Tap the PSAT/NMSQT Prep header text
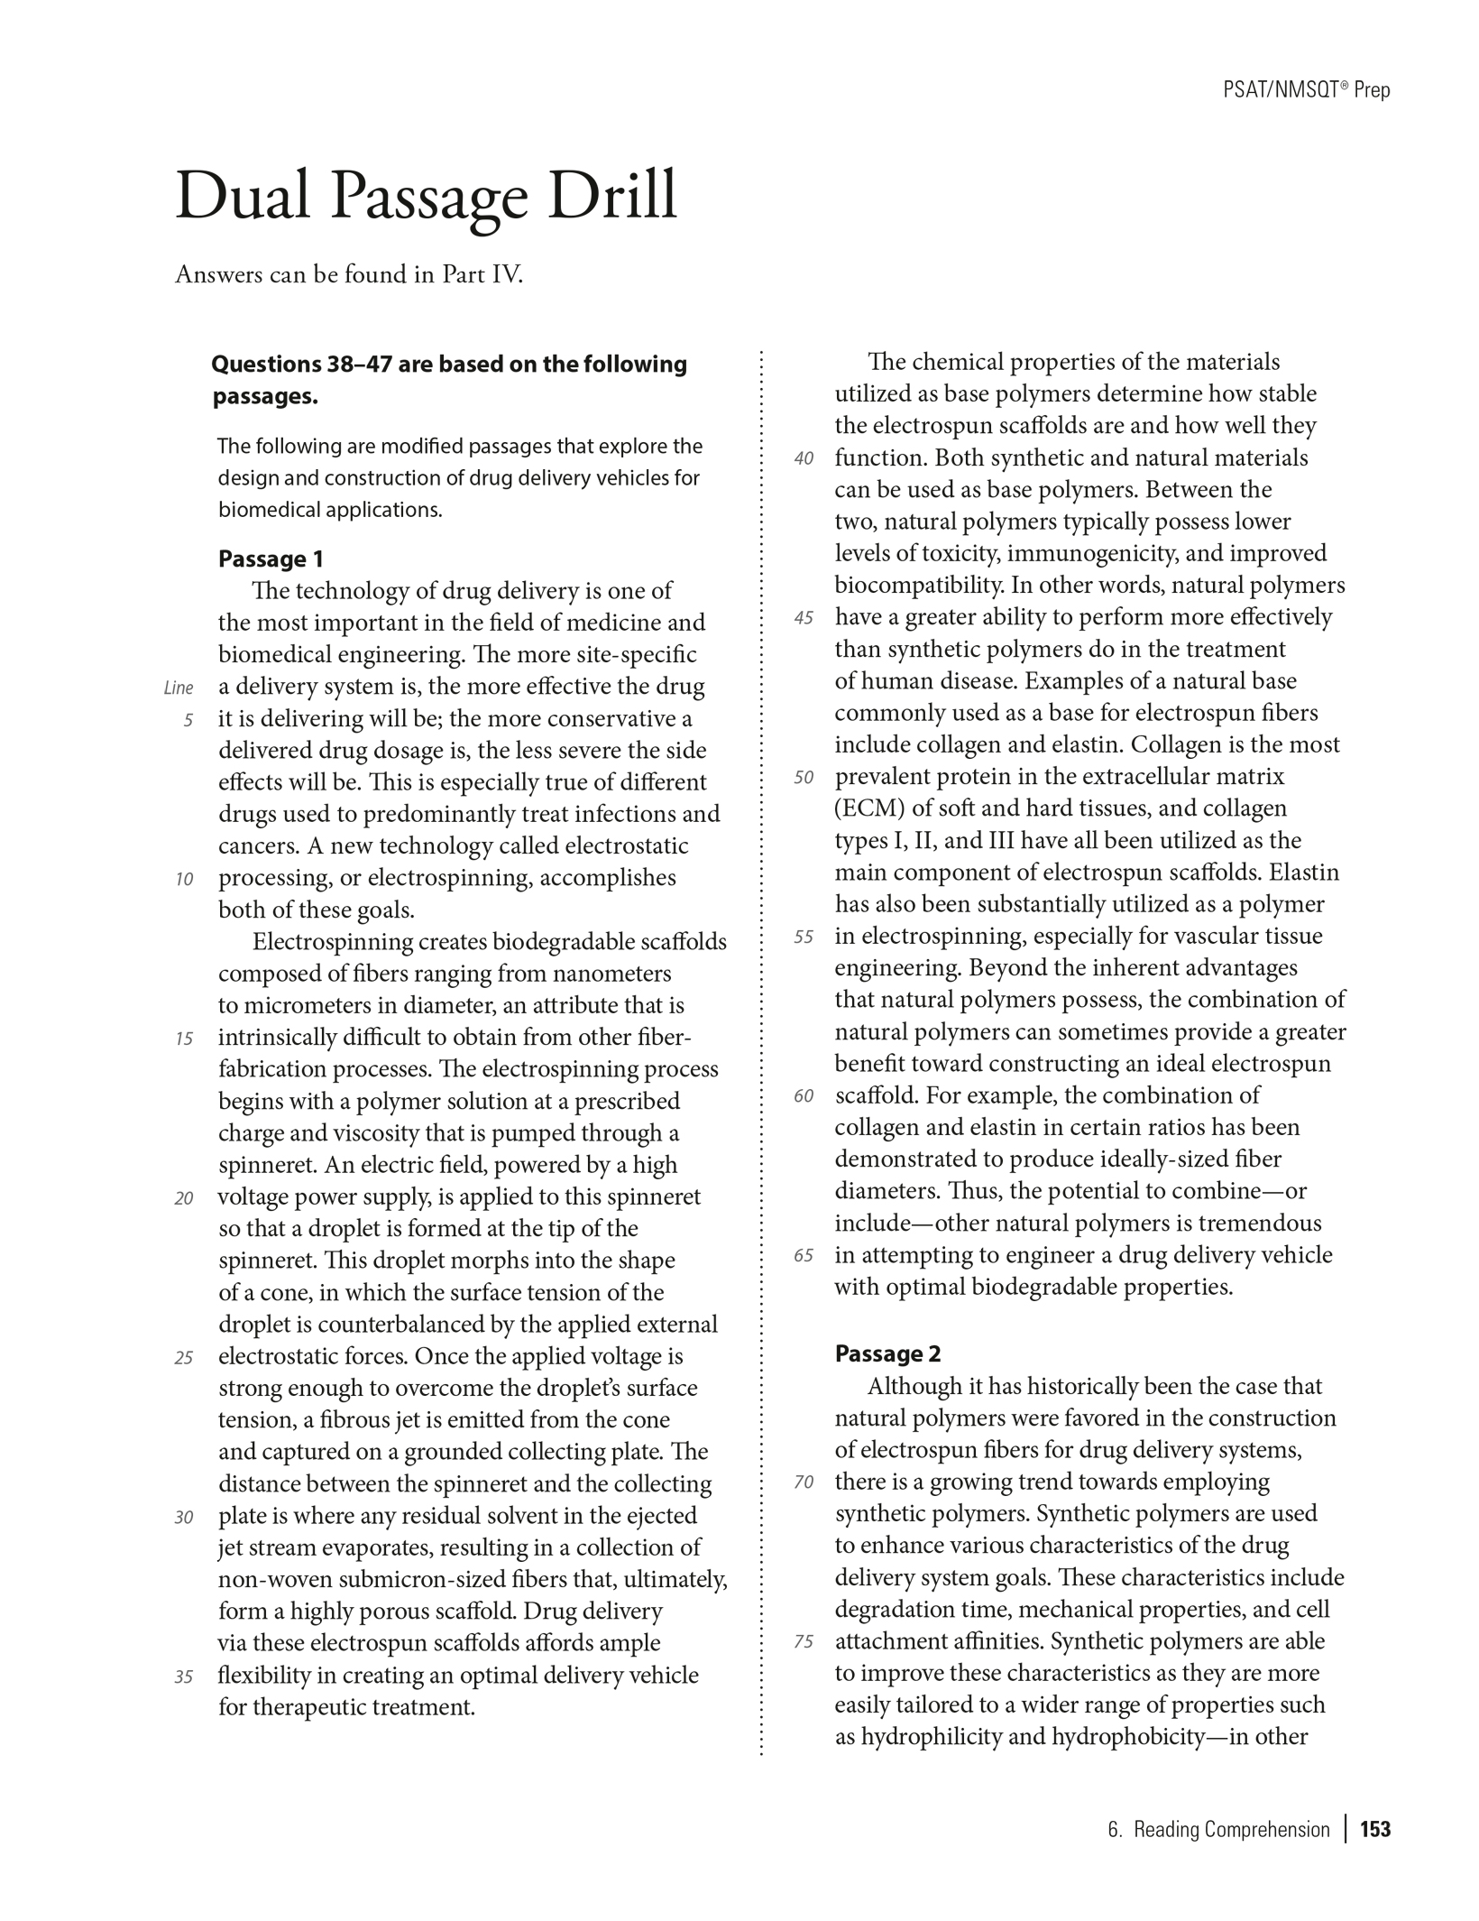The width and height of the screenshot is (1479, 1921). coord(1306,89)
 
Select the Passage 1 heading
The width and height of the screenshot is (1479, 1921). coord(271,559)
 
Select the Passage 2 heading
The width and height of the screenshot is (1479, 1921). coord(887,1354)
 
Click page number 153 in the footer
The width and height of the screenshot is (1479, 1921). coord(1375,1829)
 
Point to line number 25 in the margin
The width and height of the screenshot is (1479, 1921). coord(184,1358)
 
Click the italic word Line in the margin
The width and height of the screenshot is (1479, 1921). coord(179,688)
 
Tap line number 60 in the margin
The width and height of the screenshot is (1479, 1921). coord(804,1096)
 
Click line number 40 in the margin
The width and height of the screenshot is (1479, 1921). coord(804,458)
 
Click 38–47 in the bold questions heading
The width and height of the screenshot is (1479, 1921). coord(357,365)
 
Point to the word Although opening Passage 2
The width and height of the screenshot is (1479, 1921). coord(914,1386)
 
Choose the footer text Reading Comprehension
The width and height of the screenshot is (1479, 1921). coord(1231,1829)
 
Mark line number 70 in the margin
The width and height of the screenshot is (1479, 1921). coord(804,1482)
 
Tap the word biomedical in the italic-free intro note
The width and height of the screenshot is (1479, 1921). coord(269,510)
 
